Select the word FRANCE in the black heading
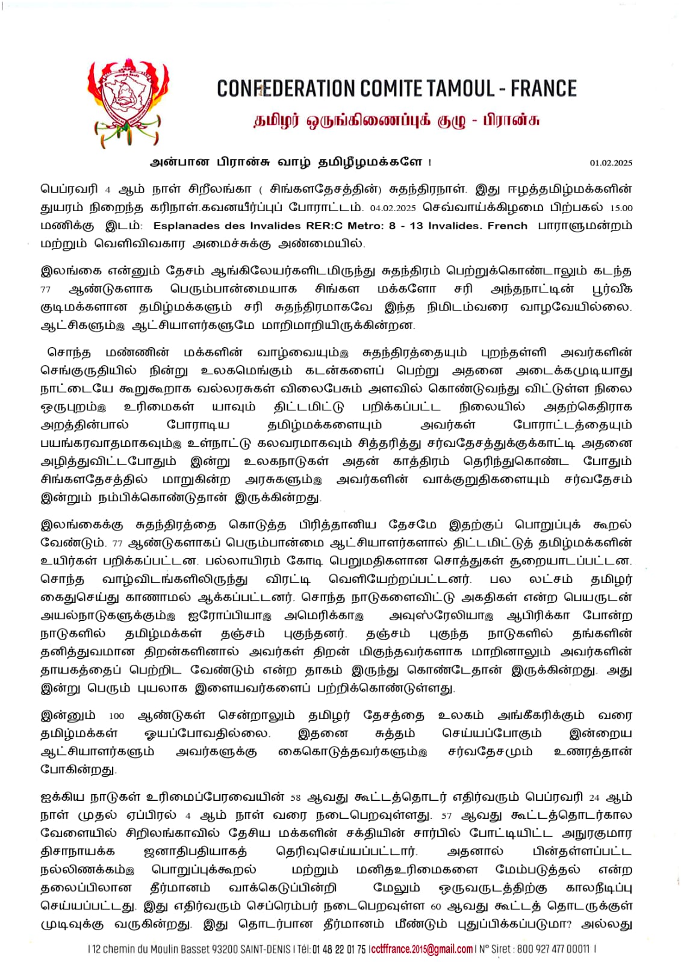click(x=544, y=89)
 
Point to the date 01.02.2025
click(x=611, y=163)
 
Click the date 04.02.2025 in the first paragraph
click(x=393, y=208)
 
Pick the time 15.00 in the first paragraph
click(x=621, y=208)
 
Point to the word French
click(x=507, y=226)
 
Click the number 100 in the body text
click(x=116, y=717)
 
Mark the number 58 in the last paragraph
click(x=295, y=798)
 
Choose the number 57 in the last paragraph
click(x=446, y=816)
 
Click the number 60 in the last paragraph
click(x=437, y=907)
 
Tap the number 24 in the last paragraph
click(x=594, y=798)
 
